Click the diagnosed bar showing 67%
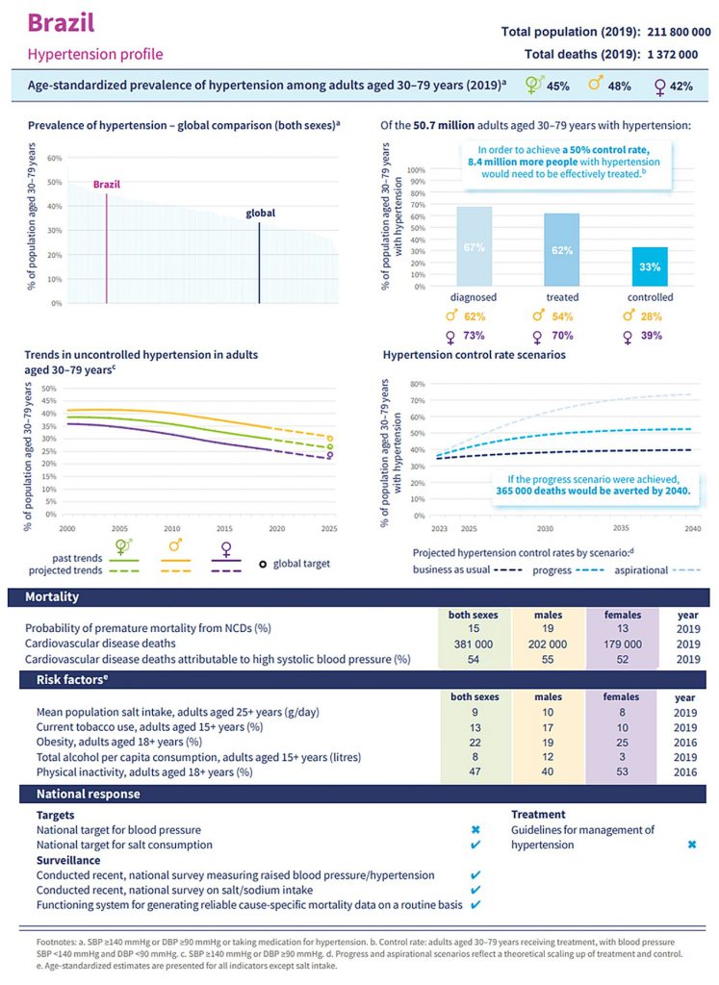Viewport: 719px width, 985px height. tap(473, 246)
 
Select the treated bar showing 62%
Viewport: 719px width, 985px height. tap(562, 249)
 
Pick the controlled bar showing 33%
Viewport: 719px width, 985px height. tap(650, 266)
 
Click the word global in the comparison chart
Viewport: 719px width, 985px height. tap(260, 213)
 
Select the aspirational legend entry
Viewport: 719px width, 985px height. tap(643, 569)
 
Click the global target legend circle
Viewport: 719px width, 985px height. tap(263, 565)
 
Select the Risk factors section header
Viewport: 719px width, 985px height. tap(66, 680)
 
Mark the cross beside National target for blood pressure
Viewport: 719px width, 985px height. tap(475, 829)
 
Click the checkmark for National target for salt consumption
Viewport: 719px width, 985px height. tap(475, 845)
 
